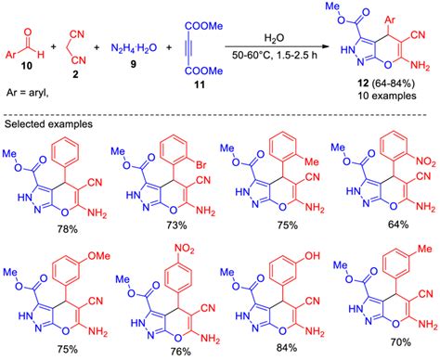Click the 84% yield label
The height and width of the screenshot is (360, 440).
[278, 349]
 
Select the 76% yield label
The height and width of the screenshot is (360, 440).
[167, 349]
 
